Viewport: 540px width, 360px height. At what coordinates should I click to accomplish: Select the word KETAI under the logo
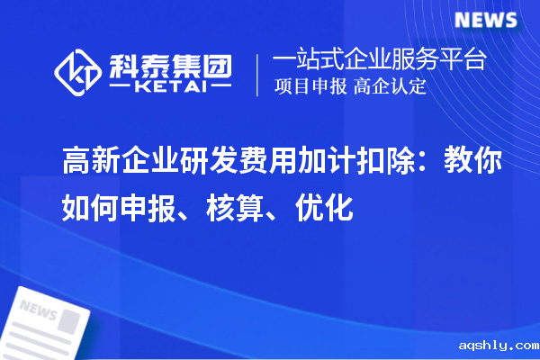click(x=169, y=88)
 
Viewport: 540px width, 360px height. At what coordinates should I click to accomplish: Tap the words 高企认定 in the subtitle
click(x=391, y=87)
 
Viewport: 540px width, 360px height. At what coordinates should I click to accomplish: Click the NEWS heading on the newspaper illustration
click(x=38, y=311)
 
